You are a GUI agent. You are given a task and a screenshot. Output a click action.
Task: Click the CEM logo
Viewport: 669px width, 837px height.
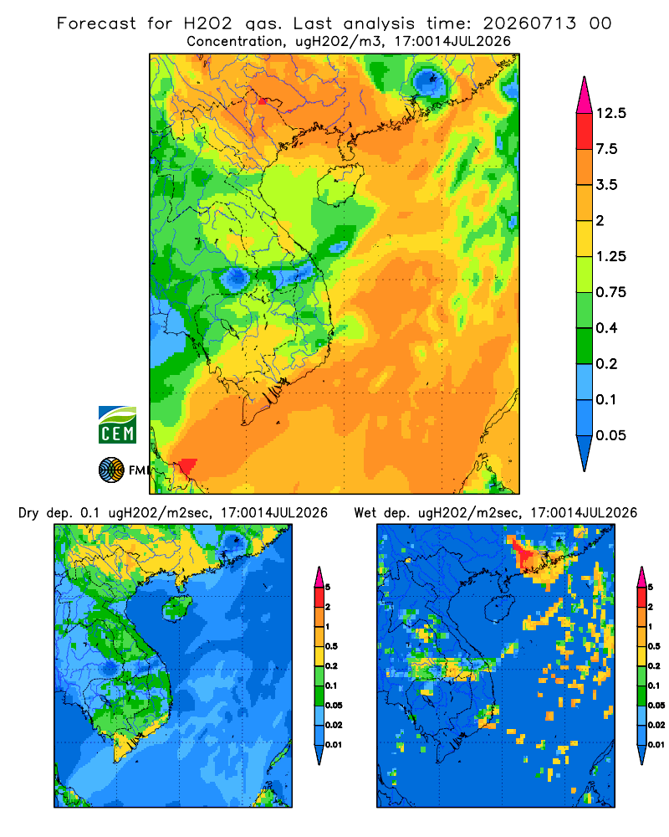pos(117,424)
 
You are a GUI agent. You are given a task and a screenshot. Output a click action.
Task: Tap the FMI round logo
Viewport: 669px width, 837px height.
pos(111,470)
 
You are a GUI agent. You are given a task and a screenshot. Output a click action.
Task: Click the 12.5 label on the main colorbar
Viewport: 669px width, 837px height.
pos(610,113)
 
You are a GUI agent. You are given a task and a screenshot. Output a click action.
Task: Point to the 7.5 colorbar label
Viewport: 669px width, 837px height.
pos(606,149)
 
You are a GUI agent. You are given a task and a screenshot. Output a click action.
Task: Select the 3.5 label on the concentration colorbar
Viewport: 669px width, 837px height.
pos(606,185)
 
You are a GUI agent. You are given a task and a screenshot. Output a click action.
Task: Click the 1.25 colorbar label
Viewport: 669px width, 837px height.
pos(610,256)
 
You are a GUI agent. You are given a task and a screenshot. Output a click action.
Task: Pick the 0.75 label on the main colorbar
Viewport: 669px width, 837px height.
pos(610,292)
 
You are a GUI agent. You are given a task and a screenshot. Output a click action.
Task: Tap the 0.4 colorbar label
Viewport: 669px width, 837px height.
pos(606,328)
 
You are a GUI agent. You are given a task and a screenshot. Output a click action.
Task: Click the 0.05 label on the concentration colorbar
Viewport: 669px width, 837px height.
pos(610,435)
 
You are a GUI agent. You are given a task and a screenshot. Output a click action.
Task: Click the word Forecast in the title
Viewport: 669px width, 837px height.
pos(96,23)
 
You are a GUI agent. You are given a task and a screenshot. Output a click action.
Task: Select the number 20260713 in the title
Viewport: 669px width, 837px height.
pos(529,23)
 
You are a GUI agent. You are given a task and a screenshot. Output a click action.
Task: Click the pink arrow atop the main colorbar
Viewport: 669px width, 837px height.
pos(585,95)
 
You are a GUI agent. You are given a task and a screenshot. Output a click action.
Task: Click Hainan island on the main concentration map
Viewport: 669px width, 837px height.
pos(340,185)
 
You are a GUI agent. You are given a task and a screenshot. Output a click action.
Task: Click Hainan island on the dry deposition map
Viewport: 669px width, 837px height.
pos(177,608)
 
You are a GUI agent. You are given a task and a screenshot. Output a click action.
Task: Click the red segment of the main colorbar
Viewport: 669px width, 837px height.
pos(585,131)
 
